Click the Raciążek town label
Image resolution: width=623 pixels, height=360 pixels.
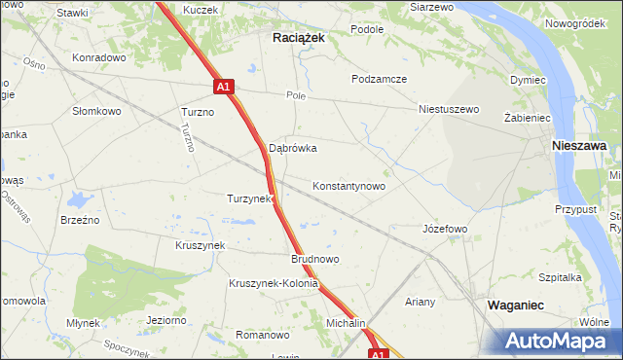(x=297, y=36)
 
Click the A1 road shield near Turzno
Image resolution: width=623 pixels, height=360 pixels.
(x=223, y=87)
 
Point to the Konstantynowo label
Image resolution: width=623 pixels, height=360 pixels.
(x=348, y=185)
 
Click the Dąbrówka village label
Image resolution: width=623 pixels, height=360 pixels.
(x=293, y=149)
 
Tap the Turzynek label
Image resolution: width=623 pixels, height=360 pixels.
(x=248, y=198)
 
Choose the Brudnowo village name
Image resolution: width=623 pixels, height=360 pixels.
(x=314, y=260)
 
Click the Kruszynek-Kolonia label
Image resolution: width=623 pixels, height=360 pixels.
(x=274, y=284)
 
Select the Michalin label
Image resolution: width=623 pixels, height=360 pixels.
(x=346, y=322)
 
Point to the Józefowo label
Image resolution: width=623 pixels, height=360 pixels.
(x=445, y=229)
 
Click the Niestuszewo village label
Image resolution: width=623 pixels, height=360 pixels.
(x=449, y=109)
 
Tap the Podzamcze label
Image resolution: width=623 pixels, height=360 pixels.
(x=380, y=79)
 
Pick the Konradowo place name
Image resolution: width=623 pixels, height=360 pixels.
(x=100, y=57)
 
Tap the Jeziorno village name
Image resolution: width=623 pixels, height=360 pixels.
(x=165, y=319)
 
